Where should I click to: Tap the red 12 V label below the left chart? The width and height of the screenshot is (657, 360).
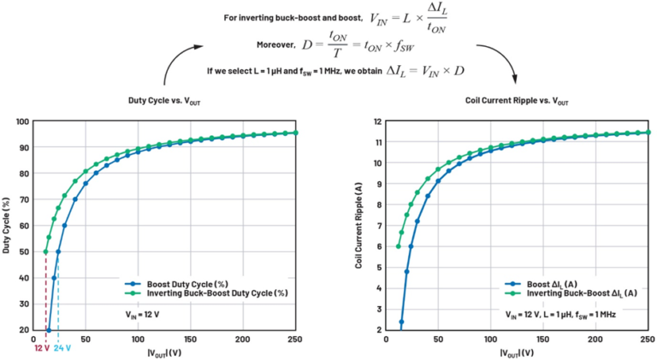coord(42,348)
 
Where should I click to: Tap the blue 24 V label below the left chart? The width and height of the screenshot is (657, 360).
coord(62,348)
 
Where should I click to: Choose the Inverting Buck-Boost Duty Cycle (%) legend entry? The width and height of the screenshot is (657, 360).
coord(205,293)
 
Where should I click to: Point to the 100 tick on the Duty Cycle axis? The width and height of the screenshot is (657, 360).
coord(24,121)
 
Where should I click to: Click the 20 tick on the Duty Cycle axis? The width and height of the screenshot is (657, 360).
coord(26,329)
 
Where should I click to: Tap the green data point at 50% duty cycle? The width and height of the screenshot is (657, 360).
coord(45,251)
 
